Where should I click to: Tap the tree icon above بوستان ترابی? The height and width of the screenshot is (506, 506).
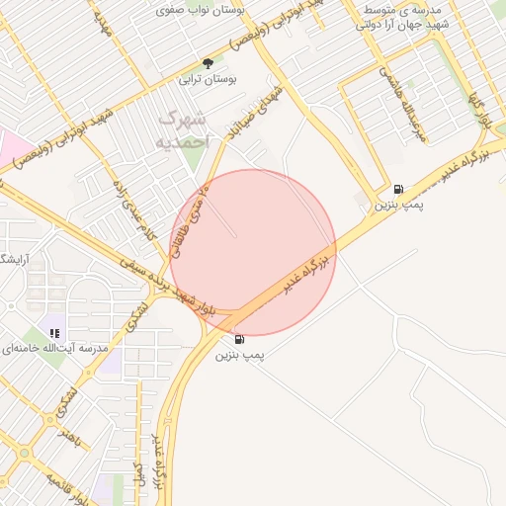(208, 63)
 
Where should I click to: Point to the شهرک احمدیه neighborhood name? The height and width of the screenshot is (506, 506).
(184, 130)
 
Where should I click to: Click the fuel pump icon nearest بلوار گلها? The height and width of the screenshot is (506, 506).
(397, 189)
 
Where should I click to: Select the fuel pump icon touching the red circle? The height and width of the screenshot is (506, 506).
(240, 339)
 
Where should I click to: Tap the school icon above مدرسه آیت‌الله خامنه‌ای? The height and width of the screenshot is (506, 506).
(55, 334)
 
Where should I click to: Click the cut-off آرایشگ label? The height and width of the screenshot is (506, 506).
(14, 259)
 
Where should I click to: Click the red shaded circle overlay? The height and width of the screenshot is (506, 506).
(253, 252)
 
